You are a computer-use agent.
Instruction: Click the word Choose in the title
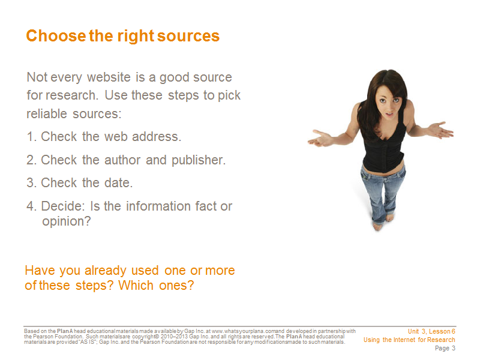(x=56, y=36)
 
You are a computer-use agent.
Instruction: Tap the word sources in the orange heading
(x=188, y=36)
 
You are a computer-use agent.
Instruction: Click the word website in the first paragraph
(x=109, y=77)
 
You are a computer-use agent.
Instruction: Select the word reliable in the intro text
(x=47, y=113)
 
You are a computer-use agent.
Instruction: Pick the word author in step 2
(x=122, y=160)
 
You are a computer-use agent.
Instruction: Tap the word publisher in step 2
(x=199, y=160)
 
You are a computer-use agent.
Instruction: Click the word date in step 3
(x=118, y=183)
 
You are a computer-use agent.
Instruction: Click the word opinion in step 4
(x=67, y=221)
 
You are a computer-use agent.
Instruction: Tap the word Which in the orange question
(x=136, y=286)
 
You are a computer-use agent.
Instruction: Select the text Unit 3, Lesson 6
(x=431, y=332)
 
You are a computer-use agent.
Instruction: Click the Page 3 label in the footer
(x=445, y=348)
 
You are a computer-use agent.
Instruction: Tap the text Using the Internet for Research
(x=409, y=340)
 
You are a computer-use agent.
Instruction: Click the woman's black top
(x=383, y=144)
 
